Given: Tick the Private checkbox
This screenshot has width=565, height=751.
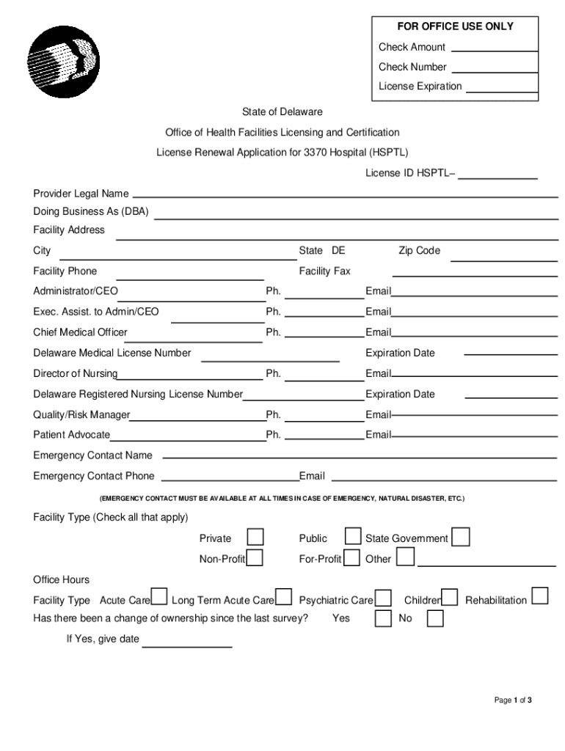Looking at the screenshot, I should (x=255, y=538).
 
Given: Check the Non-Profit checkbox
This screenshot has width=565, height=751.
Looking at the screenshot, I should (x=255, y=558).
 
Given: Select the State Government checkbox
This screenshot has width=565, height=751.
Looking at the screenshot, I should (x=461, y=538).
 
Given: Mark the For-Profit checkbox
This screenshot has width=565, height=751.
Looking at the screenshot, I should (x=353, y=558).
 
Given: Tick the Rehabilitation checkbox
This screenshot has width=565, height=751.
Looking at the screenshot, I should (x=540, y=595).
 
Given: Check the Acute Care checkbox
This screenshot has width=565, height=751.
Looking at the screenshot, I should (x=159, y=598).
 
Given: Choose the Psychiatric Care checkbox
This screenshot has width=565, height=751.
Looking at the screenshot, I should (x=383, y=598).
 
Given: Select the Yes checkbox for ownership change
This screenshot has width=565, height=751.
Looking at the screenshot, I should (x=383, y=618).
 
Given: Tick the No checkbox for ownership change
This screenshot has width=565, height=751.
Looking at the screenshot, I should (x=435, y=618).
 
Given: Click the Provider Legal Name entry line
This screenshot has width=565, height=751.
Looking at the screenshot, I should (x=345, y=195).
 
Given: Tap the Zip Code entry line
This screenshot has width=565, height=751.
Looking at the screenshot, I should (x=504, y=258).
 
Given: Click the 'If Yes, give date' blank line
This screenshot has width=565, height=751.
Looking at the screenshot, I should (x=187, y=645).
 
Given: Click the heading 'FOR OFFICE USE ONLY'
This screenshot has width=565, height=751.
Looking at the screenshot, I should (x=456, y=26).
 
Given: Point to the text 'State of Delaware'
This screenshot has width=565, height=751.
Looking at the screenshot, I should (x=282, y=112).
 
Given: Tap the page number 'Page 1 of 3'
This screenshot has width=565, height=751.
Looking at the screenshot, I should (x=513, y=700).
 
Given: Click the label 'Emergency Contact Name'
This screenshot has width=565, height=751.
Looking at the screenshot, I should (x=93, y=455).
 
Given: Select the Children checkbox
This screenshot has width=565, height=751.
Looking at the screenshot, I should (x=450, y=598).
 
